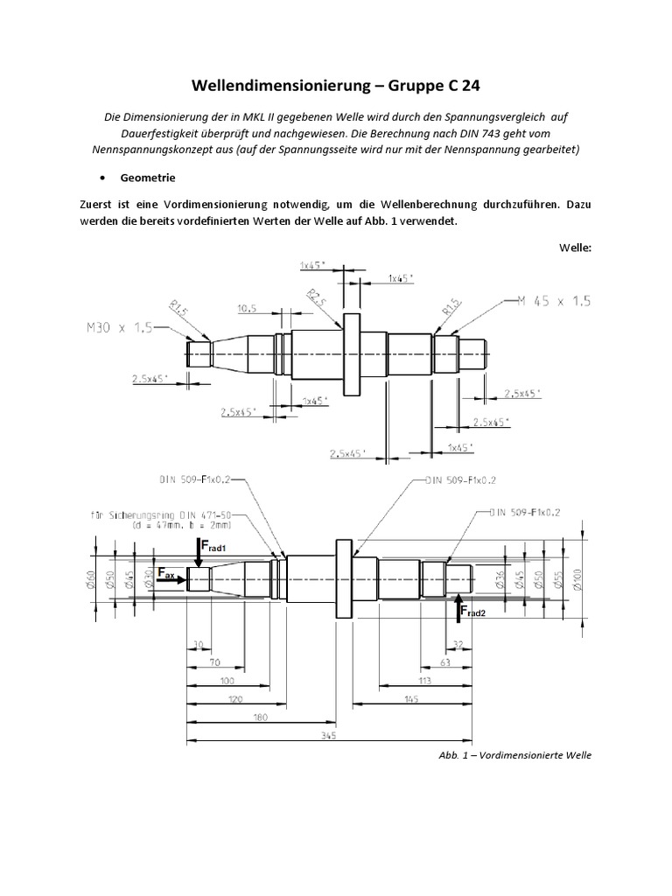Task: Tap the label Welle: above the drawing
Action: [575, 247]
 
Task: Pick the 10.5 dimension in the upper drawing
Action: [248, 308]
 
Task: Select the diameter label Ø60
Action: [91, 577]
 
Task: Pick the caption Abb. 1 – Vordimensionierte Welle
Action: [516, 755]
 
